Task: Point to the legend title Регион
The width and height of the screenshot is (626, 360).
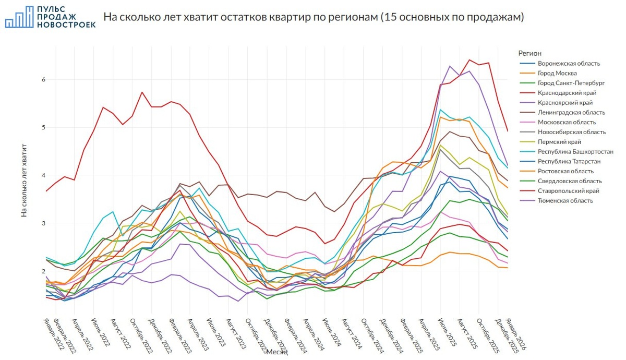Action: [530, 53]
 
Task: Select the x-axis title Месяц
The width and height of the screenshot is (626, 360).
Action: [277, 352]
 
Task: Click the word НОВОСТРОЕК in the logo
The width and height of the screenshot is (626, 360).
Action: [66, 25]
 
